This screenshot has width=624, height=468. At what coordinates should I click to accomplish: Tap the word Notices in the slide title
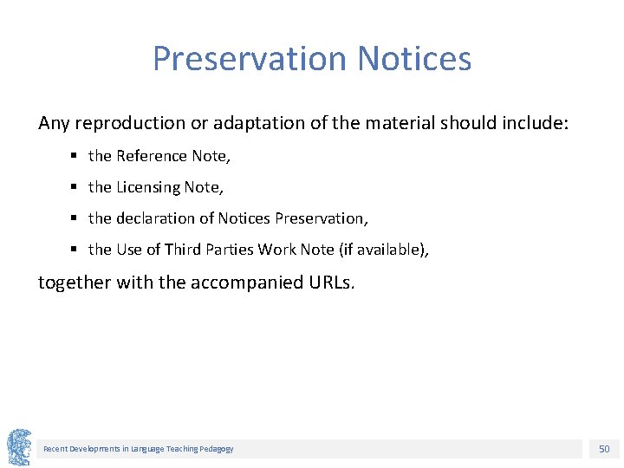point(414,59)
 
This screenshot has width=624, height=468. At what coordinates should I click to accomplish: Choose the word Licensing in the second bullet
point(148,187)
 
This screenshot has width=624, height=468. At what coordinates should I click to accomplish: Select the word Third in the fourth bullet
point(182,250)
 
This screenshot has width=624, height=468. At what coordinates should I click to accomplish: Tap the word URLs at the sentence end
point(328,283)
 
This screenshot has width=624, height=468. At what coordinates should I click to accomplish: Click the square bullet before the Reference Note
point(75,156)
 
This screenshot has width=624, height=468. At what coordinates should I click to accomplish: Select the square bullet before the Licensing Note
point(75,187)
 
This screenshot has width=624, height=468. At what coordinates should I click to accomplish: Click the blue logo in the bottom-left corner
point(19,447)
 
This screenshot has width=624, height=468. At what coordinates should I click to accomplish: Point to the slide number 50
point(604,449)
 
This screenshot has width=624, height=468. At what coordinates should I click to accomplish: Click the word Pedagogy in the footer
point(216,449)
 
